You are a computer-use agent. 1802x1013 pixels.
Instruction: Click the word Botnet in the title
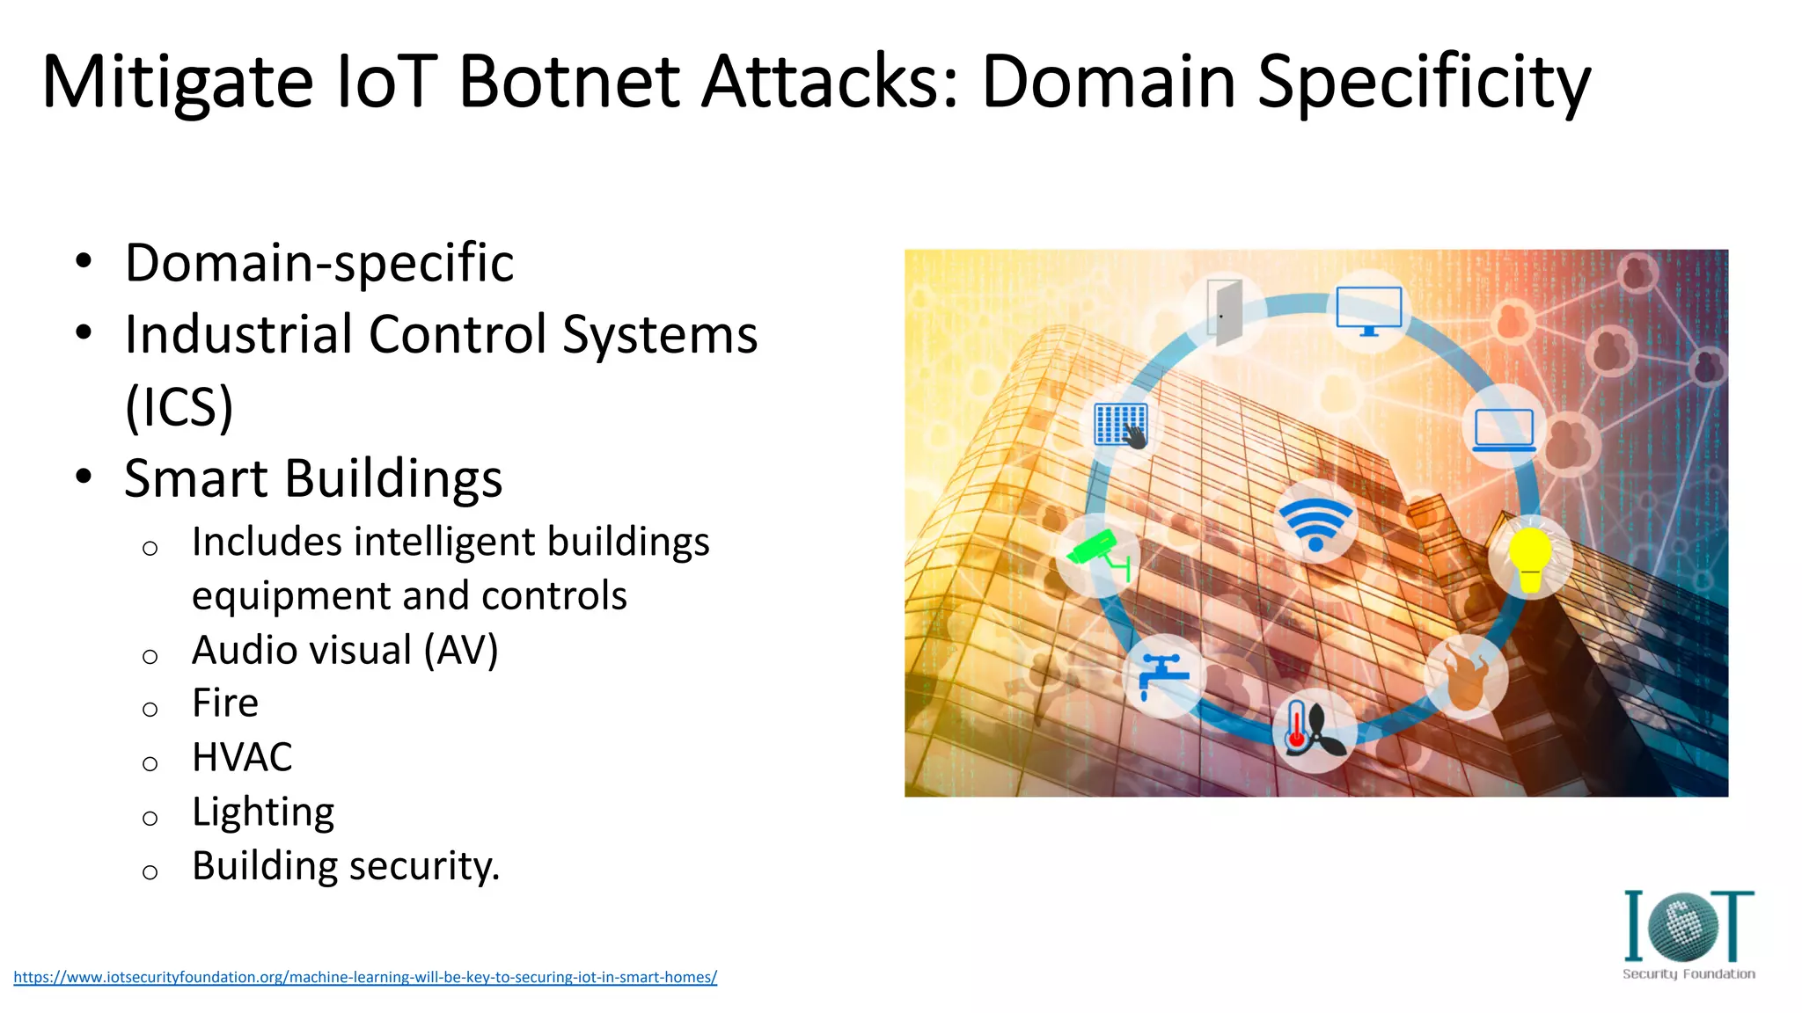pos(568,82)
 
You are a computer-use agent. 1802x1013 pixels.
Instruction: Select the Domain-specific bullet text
pos(319,263)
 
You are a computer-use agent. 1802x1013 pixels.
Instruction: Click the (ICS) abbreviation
pos(179,406)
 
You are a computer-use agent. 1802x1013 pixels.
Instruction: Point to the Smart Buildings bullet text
pos(313,478)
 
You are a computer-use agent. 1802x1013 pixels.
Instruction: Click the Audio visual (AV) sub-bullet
pos(345,651)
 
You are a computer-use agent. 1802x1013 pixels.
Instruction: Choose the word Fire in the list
pos(225,703)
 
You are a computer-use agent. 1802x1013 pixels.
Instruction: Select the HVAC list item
pos(242,757)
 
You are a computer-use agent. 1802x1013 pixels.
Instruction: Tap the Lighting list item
pos(263,812)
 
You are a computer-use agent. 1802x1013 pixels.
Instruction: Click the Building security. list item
pos(346,866)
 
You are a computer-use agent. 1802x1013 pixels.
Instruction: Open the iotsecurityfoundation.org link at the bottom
pos(365,977)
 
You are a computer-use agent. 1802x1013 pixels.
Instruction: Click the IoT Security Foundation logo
pos(1688,935)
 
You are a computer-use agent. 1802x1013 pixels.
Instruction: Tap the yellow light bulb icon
pos(1530,558)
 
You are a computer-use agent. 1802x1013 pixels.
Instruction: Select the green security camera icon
pos(1097,554)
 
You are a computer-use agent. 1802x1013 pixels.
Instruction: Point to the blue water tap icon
pos(1163,675)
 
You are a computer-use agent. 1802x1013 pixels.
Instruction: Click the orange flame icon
pos(1465,677)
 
